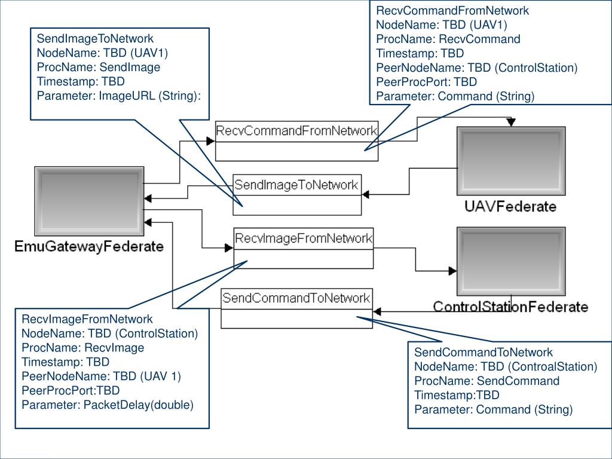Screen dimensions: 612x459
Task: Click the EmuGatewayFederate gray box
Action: [90, 201]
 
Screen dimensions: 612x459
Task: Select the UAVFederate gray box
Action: [512, 161]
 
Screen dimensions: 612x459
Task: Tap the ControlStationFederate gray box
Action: [512, 262]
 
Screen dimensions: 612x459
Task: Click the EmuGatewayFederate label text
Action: [89, 246]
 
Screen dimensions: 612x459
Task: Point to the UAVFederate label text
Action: [510, 206]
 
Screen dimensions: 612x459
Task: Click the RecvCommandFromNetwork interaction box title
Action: [296, 131]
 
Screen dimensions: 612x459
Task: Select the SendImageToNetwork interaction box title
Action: [296, 185]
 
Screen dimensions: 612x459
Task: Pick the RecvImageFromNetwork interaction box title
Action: [304, 238]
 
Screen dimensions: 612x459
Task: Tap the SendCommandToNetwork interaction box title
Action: [296, 298]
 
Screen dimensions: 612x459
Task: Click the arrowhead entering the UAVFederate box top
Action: [512, 122]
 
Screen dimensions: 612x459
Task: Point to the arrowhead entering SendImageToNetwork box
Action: [366, 194]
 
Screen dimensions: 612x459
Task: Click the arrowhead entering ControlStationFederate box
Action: [452, 271]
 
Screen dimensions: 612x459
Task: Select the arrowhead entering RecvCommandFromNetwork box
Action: [211, 140]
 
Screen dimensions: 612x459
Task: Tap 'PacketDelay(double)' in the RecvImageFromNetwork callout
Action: [139, 405]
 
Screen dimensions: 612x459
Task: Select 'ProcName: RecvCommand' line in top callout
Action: [448, 39]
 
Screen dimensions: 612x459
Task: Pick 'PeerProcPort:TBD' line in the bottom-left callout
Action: [71, 390]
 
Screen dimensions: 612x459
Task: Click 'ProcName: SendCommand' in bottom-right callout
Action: [486, 381]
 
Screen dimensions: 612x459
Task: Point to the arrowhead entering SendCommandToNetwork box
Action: [378, 311]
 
